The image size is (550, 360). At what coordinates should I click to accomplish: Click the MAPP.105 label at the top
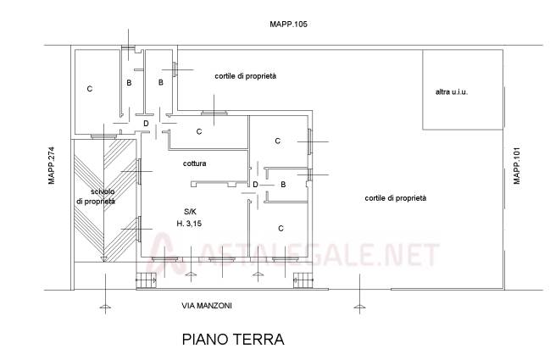click(288, 25)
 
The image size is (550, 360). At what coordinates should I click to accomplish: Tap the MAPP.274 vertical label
click(52, 165)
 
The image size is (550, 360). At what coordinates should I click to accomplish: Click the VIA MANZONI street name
click(207, 306)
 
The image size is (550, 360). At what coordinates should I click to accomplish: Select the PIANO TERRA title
click(233, 340)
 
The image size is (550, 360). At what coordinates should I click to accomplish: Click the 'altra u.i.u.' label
click(452, 92)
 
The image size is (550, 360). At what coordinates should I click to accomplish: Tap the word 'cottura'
click(194, 163)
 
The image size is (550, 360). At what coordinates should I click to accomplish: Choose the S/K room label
click(190, 212)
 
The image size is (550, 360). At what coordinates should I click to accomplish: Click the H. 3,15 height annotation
click(189, 224)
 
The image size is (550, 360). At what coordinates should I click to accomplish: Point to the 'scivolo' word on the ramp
click(103, 191)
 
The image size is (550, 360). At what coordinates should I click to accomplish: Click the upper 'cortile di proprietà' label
click(245, 76)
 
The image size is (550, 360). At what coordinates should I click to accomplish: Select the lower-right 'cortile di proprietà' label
click(395, 198)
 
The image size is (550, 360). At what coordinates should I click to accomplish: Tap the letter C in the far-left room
click(90, 89)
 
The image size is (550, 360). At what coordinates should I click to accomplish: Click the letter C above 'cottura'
click(199, 131)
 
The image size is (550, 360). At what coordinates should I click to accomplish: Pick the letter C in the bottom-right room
click(281, 229)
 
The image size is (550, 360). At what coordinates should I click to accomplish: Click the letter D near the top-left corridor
click(147, 124)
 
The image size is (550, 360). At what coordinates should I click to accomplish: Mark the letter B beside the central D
click(283, 185)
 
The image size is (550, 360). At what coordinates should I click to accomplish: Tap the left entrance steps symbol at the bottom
click(146, 280)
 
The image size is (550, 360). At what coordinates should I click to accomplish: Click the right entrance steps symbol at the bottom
click(303, 280)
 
